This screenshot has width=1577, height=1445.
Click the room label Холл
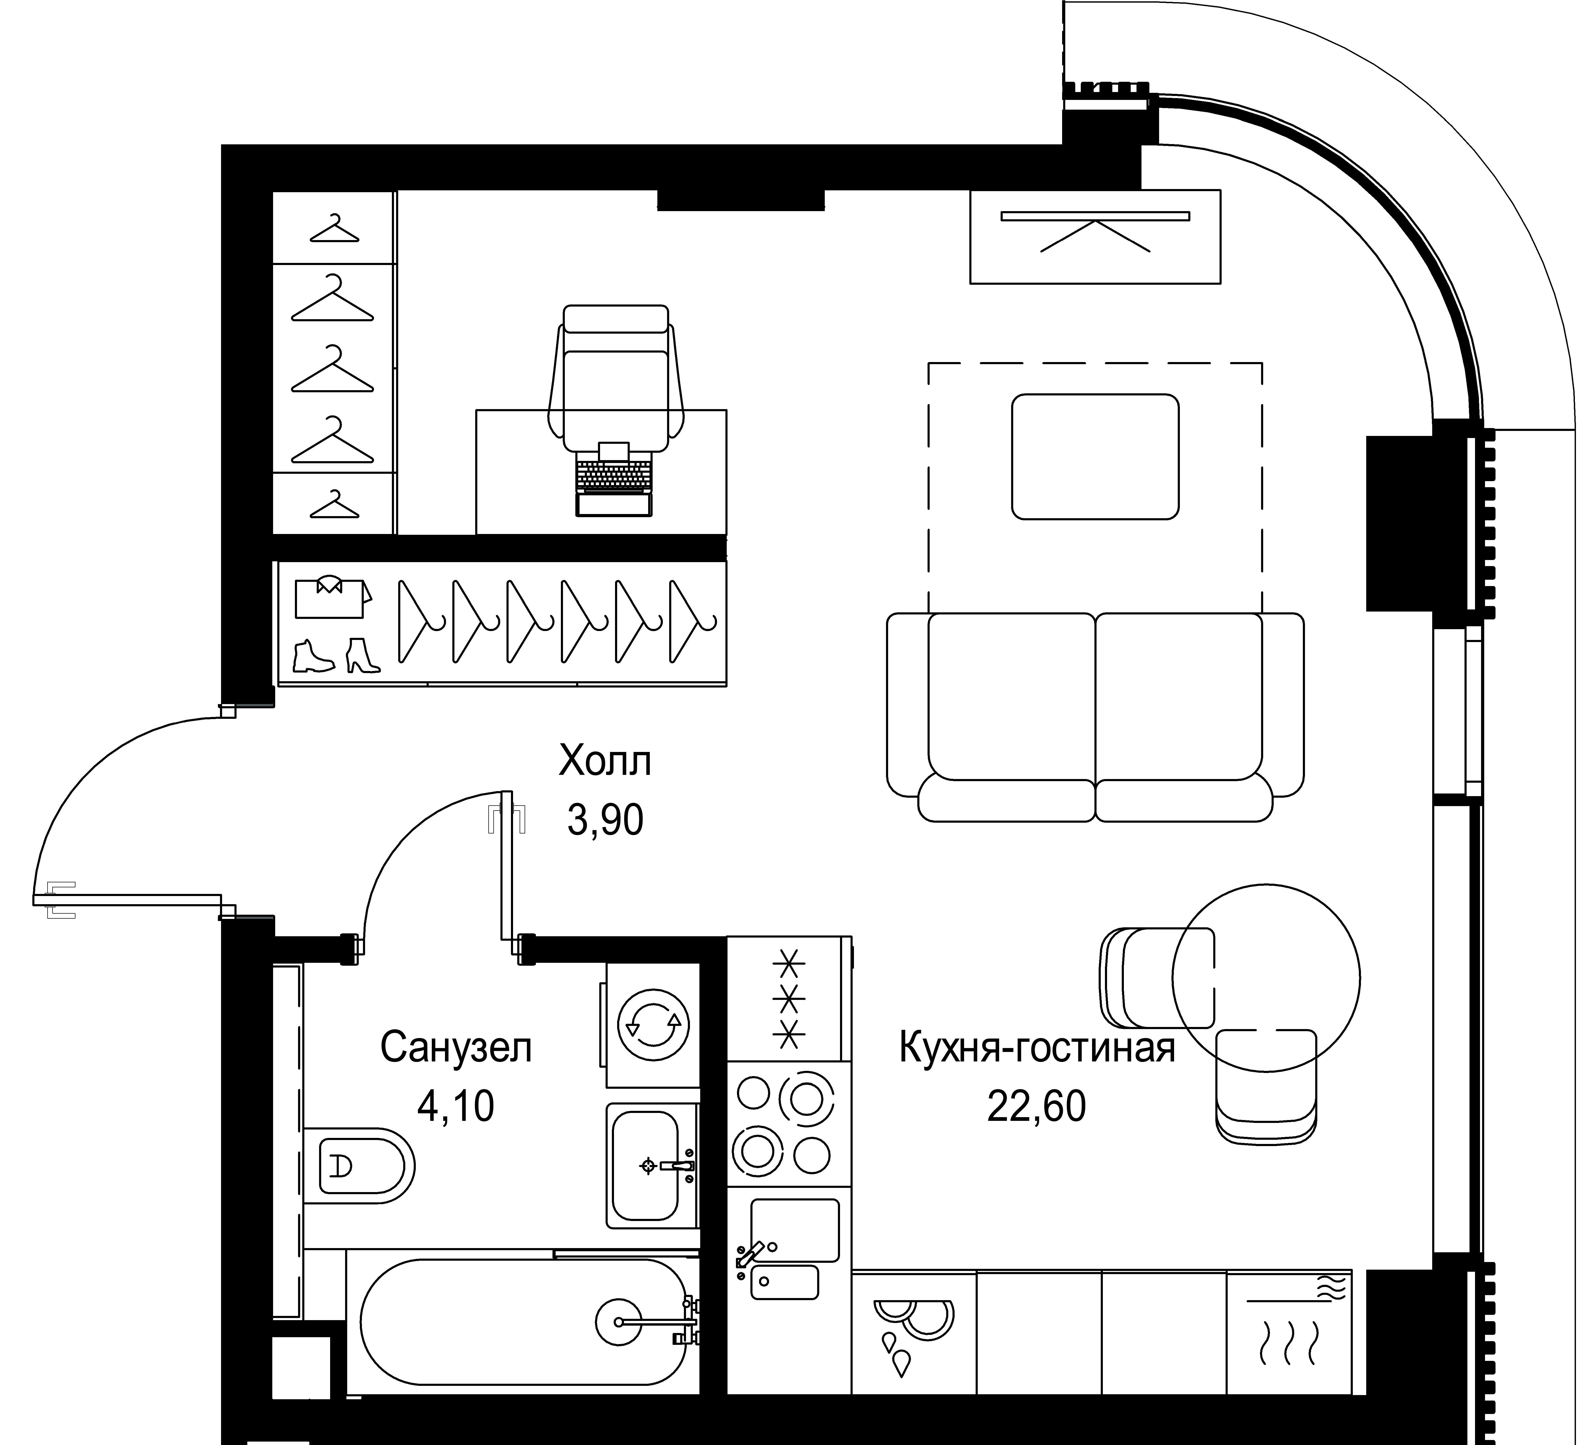[x=605, y=761]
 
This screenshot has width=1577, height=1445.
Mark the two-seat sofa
[x=1095, y=716]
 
